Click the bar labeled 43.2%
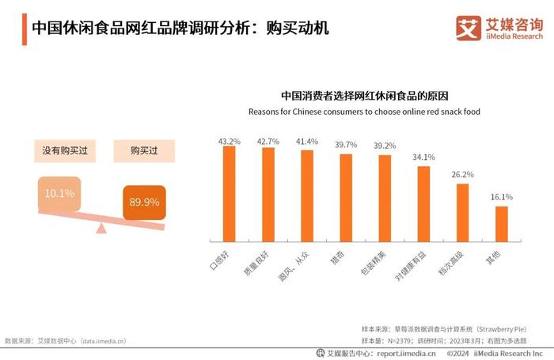pos(230,195)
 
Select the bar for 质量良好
pos(268,195)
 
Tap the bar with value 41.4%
pos(307,197)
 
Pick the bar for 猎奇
pos(346,199)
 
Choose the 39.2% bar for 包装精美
pos(385,199)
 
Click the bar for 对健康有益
pos(423,205)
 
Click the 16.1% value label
pos(502,197)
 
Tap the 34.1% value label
pos(423,157)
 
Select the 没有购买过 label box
pos(65,150)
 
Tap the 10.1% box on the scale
pos(59,194)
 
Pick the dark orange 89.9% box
pos(145,202)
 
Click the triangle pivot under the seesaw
pos(101,229)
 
